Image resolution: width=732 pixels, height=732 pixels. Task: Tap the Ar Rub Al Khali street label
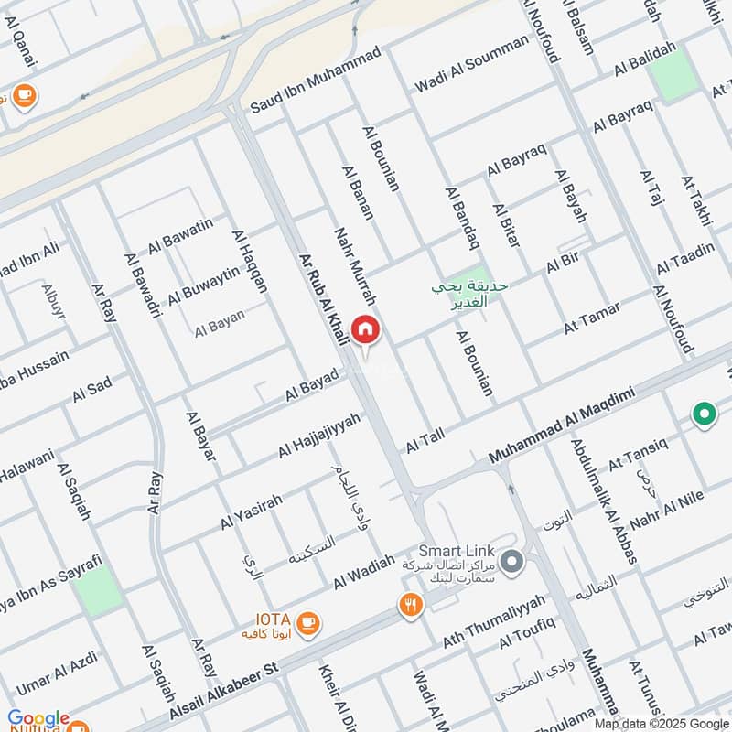325,300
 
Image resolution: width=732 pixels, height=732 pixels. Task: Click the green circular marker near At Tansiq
704,415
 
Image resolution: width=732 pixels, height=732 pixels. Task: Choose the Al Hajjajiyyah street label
319,436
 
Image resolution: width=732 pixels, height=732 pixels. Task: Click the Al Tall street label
425,440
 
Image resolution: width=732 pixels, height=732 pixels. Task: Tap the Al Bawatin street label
179,233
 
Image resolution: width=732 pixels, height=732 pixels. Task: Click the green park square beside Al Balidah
673,75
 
